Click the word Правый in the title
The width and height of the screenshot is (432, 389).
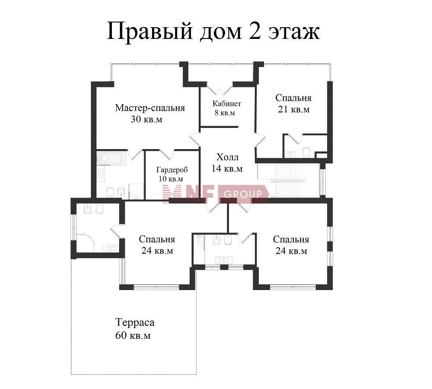point(149,31)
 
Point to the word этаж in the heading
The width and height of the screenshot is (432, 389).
point(294,32)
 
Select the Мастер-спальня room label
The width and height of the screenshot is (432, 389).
point(150,108)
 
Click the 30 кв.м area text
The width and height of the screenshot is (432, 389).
point(146,119)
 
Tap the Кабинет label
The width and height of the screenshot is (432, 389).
point(227,104)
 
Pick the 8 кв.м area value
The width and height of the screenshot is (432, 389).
point(225,113)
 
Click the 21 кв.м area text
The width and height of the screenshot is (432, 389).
point(294,109)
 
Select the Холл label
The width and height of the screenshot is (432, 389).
point(227,157)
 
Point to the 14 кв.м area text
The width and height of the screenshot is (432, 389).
point(227,169)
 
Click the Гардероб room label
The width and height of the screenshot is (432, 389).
point(172,170)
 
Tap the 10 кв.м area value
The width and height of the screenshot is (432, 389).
point(171,179)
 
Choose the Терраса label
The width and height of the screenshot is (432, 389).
point(135,322)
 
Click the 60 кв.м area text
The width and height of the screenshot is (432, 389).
point(133,335)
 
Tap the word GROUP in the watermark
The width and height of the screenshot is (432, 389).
point(243,194)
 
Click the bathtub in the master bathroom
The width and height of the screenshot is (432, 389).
point(111,158)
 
